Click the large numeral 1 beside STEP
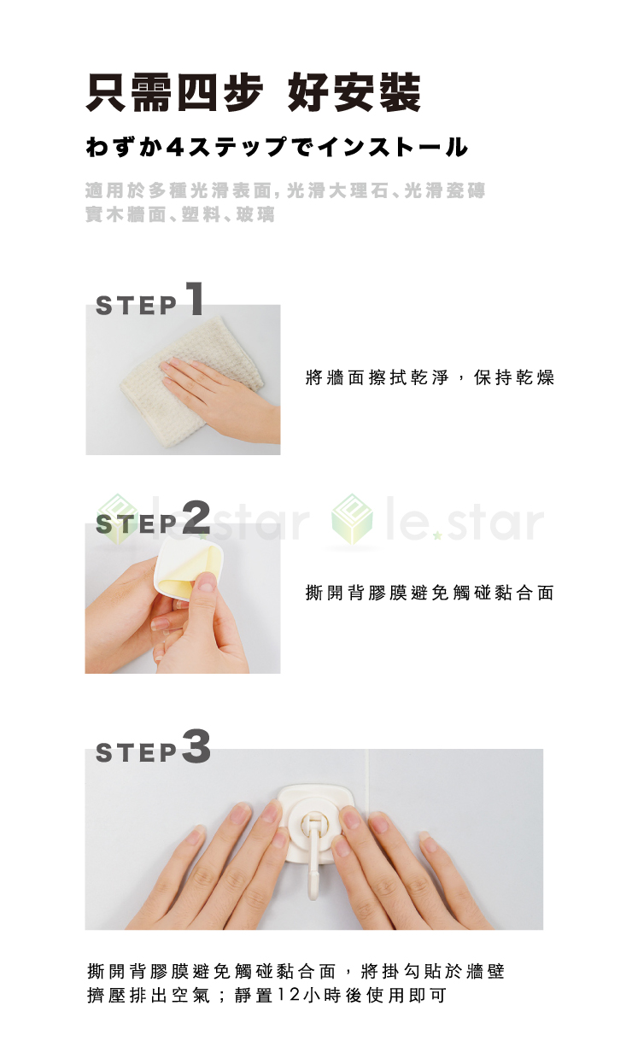pyautogui.click(x=196, y=298)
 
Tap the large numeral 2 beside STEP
pyautogui.click(x=196, y=517)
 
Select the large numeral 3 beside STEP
pyautogui.click(x=196, y=746)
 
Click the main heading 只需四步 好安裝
pyautogui.click(x=253, y=92)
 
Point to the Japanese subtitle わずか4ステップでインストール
pyautogui.click(x=277, y=147)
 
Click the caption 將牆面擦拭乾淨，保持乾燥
pyautogui.click(x=430, y=377)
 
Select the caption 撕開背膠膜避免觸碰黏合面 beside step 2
pyautogui.click(x=430, y=593)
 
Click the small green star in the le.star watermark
pyautogui.click(x=438, y=535)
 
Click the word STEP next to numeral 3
pyautogui.click(x=137, y=752)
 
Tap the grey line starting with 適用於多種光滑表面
pyautogui.click(x=285, y=190)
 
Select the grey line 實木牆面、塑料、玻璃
pyautogui.click(x=180, y=214)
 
